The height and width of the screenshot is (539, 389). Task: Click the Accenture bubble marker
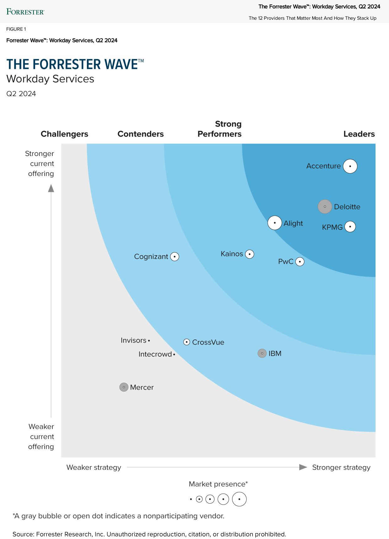click(x=350, y=166)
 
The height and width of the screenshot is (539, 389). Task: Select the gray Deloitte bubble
click(x=325, y=207)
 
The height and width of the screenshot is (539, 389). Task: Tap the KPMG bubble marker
click(x=350, y=226)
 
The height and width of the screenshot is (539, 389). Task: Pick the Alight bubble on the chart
click(x=274, y=223)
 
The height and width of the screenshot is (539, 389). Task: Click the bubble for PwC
click(x=300, y=262)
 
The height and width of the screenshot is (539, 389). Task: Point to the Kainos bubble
click(x=249, y=254)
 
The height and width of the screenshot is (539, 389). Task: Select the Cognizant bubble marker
click(x=174, y=257)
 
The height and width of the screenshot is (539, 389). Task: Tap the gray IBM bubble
click(x=262, y=353)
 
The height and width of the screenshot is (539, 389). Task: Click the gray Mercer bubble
click(x=124, y=387)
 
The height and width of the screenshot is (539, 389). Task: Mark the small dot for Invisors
click(x=149, y=340)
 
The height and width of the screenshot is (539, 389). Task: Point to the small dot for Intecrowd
click(x=174, y=354)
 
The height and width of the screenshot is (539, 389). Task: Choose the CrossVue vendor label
click(x=208, y=342)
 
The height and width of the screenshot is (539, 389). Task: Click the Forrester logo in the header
click(x=25, y=12)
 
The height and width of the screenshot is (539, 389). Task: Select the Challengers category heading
click(x=64, y=134)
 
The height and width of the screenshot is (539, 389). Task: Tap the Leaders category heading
click(x=359, y=134)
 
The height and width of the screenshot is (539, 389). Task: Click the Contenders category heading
click(x=141, y=134)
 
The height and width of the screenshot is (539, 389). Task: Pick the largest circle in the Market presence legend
click(x=239, y=499)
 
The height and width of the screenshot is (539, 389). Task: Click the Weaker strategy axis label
click(x=93, y=467)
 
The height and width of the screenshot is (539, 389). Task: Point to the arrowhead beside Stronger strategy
click(x=303, y=467)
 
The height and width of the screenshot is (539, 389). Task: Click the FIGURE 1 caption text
click(x=16, y=29)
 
